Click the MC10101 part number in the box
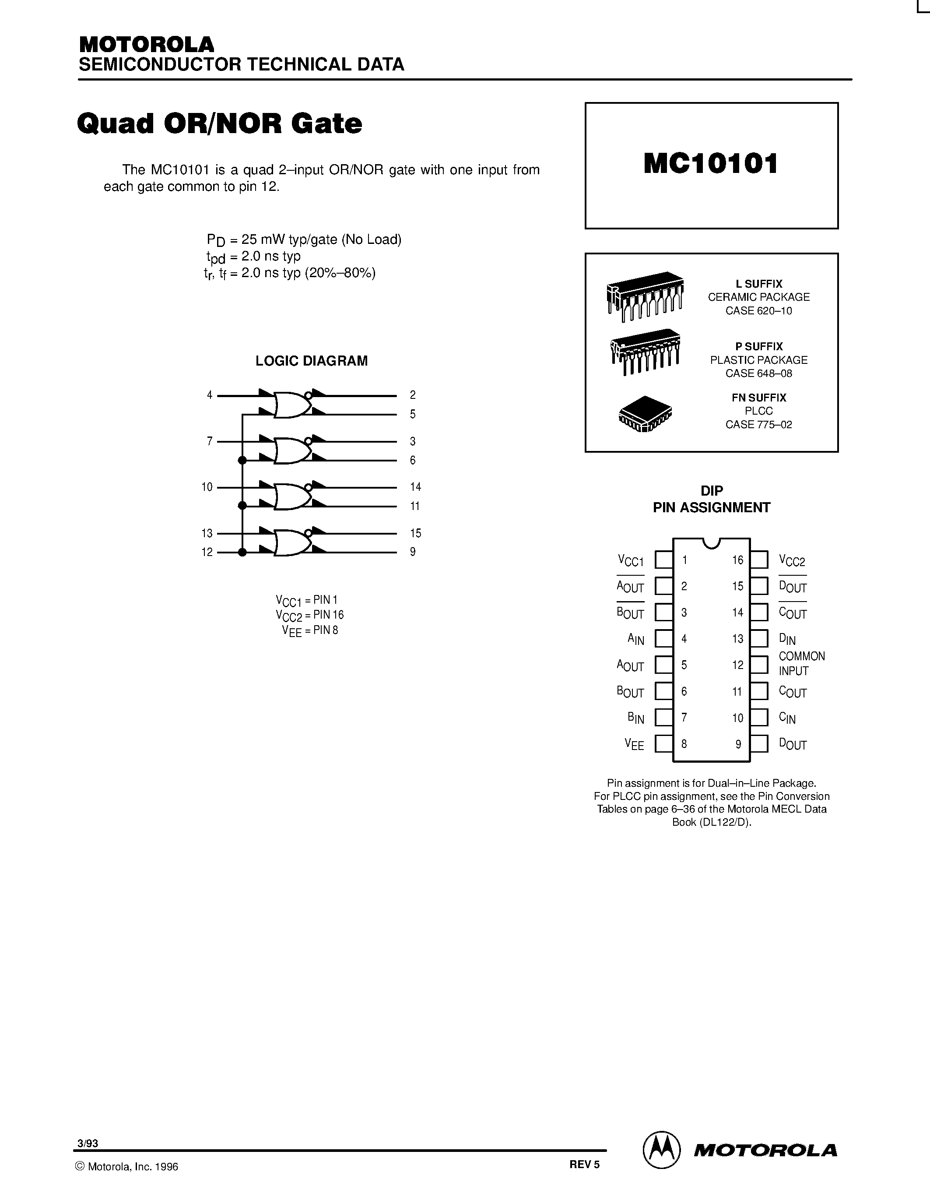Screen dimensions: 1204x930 click(711, 164)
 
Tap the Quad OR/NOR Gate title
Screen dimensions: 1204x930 click(219, 123)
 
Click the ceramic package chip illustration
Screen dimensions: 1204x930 click(645, 296)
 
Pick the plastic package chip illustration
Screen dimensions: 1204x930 click(645, 352)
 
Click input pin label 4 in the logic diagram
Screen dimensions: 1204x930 click(209, 395)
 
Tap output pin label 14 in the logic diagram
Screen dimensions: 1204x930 click(415, 487)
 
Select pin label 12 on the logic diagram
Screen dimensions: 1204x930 click(207, 552)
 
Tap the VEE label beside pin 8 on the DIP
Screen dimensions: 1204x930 click(634, 744)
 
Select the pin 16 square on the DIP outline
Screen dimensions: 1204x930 click(759, 560)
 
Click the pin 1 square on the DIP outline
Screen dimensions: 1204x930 click(664, 560)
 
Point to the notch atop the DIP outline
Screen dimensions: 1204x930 click(711, 542)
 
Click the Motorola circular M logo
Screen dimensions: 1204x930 click(661, 1150)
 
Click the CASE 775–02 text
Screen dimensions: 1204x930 click(758, 425)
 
